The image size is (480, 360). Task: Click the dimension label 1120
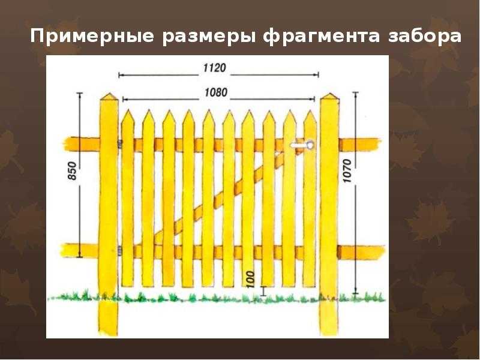[x=215, y=68]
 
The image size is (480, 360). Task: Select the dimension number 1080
[x=216, y=92]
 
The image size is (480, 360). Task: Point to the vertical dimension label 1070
[x=347, y=171]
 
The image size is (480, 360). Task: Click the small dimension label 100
[x=250, y=279]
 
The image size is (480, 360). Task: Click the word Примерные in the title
[x=92, y=37]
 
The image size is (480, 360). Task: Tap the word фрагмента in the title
[x=322, y=37]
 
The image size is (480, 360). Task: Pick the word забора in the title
[x=425, y=36]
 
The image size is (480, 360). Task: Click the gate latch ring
[x=310, y=144]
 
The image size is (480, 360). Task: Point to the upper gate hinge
[x=120, y=144]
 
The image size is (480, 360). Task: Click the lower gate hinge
[x=120, y=251]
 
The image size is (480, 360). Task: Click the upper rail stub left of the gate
[x=82, y=144]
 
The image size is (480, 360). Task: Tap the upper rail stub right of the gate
[x=360, y=145]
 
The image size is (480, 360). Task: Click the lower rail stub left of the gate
[x=80, y=250]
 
